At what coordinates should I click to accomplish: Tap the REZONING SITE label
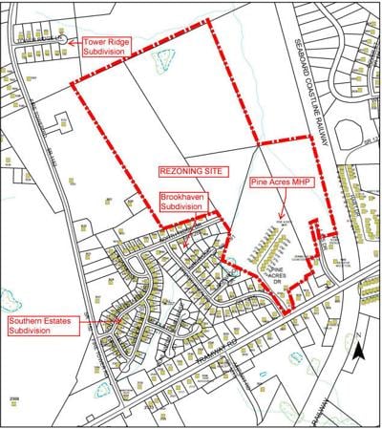[x=189, y=173]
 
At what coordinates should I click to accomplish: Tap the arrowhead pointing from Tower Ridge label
[x=70, y=42]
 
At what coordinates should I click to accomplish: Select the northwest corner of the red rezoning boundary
[x=73, y=82]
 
